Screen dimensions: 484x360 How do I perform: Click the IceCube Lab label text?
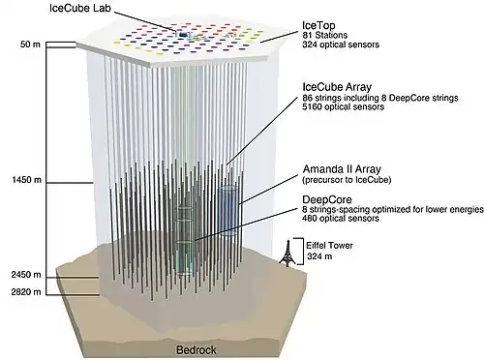[80, 8]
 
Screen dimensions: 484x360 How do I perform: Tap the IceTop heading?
[318, 25]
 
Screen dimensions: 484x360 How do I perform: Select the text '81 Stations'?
[324, 35]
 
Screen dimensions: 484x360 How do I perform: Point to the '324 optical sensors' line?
[341, 45]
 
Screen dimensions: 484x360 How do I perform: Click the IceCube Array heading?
[337, 87]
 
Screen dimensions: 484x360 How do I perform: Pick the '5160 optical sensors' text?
[343, 106]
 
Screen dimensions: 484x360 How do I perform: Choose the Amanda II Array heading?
[342, 169]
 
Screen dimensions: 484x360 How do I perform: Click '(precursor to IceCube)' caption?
[347, 180]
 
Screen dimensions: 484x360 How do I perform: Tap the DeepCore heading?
[327, 199]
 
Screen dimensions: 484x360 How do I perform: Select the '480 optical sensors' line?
[341, 219]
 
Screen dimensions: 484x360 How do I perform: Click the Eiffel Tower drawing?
[287, 253]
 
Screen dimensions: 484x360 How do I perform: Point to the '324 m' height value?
[319, 256]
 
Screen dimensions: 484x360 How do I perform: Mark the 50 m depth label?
[30, 45]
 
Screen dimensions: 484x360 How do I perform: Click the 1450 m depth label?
[27, 180]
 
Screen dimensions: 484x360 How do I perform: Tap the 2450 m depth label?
[26, 275]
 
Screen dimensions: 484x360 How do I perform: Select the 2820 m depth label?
[26, 292]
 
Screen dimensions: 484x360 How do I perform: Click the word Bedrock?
[197, 350]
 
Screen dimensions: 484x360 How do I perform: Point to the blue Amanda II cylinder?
[228, 210]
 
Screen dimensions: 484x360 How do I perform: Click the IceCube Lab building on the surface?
[183, 34]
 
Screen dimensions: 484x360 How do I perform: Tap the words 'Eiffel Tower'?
[329, 246]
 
